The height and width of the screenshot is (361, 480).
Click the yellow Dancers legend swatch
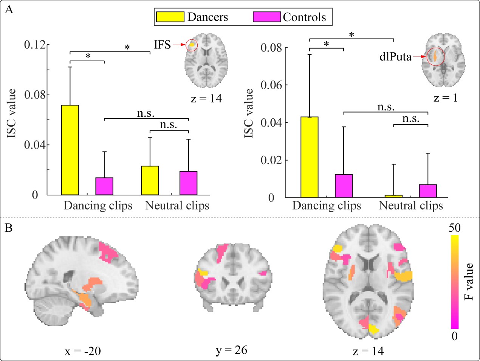tap(170, 17)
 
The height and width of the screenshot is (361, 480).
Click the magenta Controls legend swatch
tap(267, 17)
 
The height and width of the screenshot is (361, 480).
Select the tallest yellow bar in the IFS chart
tap(70, 150)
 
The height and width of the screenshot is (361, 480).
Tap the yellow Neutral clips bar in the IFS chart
tap(150, 181)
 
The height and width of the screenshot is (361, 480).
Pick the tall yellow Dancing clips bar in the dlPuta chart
tap(310, 157)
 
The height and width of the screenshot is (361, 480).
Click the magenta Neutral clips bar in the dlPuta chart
tap(428, 191)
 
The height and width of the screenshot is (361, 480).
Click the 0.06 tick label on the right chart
tap(271, 85)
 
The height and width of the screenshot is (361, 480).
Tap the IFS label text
tap(162, 45)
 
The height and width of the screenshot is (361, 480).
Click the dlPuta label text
tap(395, 57)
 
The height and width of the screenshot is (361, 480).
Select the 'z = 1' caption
tap(445, 98)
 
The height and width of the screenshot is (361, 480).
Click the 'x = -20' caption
tap(82, 351)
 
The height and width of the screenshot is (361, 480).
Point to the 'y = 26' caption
tap(231, 350)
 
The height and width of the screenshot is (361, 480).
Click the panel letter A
tap(9, 9)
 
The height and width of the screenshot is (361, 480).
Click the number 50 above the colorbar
tap(454, 228)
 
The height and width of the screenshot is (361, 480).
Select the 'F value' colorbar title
tap(469, 282)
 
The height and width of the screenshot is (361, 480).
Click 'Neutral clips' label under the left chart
tap(177, 206)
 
